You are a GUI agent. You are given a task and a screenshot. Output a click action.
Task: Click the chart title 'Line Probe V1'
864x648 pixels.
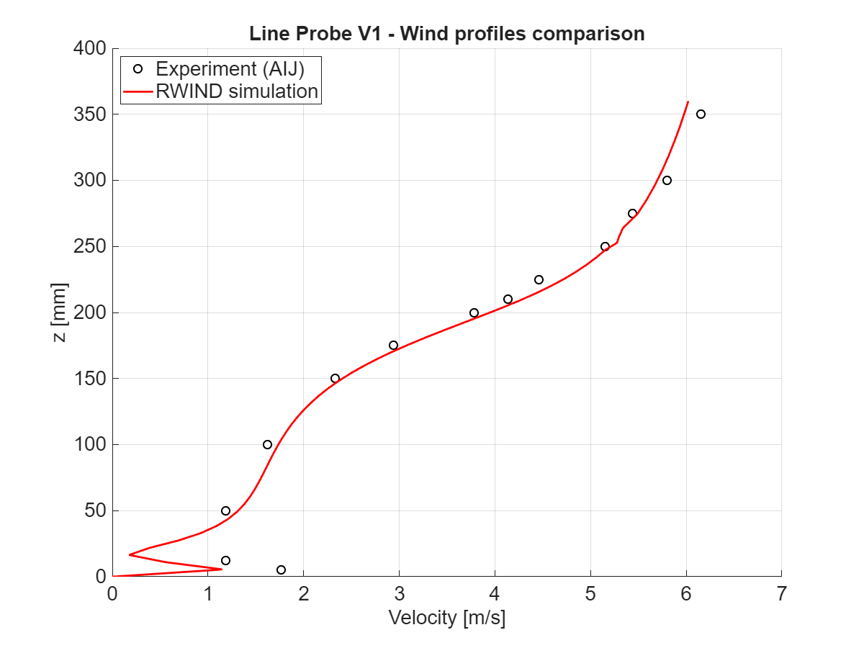click(446, 33)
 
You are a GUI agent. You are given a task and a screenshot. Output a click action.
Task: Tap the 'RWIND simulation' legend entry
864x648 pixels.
click(236, 91)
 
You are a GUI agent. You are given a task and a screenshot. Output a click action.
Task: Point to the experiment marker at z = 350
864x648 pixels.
click(701, 114)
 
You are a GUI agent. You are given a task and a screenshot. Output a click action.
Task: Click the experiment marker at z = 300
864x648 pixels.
click(667, 180)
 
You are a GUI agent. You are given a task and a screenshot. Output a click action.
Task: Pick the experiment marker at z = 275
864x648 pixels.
click(632, 213)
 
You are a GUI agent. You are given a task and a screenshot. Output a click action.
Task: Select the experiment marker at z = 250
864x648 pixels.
click(605, 246)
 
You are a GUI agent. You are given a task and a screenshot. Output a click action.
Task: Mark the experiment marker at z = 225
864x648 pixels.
click(539, 279)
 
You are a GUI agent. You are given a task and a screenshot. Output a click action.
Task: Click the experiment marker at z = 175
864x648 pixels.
click(393, 345)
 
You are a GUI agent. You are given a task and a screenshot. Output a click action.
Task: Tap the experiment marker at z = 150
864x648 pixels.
click(335, 378)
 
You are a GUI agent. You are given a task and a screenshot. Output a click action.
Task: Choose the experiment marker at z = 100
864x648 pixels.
click(267, 444)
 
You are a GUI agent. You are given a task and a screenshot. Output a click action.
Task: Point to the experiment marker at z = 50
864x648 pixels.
click(225, 510)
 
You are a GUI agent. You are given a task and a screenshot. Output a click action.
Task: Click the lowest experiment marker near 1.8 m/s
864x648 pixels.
click(281, 570)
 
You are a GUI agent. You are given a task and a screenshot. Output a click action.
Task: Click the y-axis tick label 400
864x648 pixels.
click(90, 49)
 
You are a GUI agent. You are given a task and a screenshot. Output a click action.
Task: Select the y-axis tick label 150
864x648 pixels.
click(90, 379)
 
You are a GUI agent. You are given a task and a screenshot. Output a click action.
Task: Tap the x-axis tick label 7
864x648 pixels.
click(782, 595)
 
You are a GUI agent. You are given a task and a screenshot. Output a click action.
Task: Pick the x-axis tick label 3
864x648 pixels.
click(399, 595)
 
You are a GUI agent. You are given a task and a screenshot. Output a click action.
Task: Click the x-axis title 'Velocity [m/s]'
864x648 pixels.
click(446, 618)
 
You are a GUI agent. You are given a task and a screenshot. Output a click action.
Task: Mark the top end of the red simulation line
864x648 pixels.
click(688, 102)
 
